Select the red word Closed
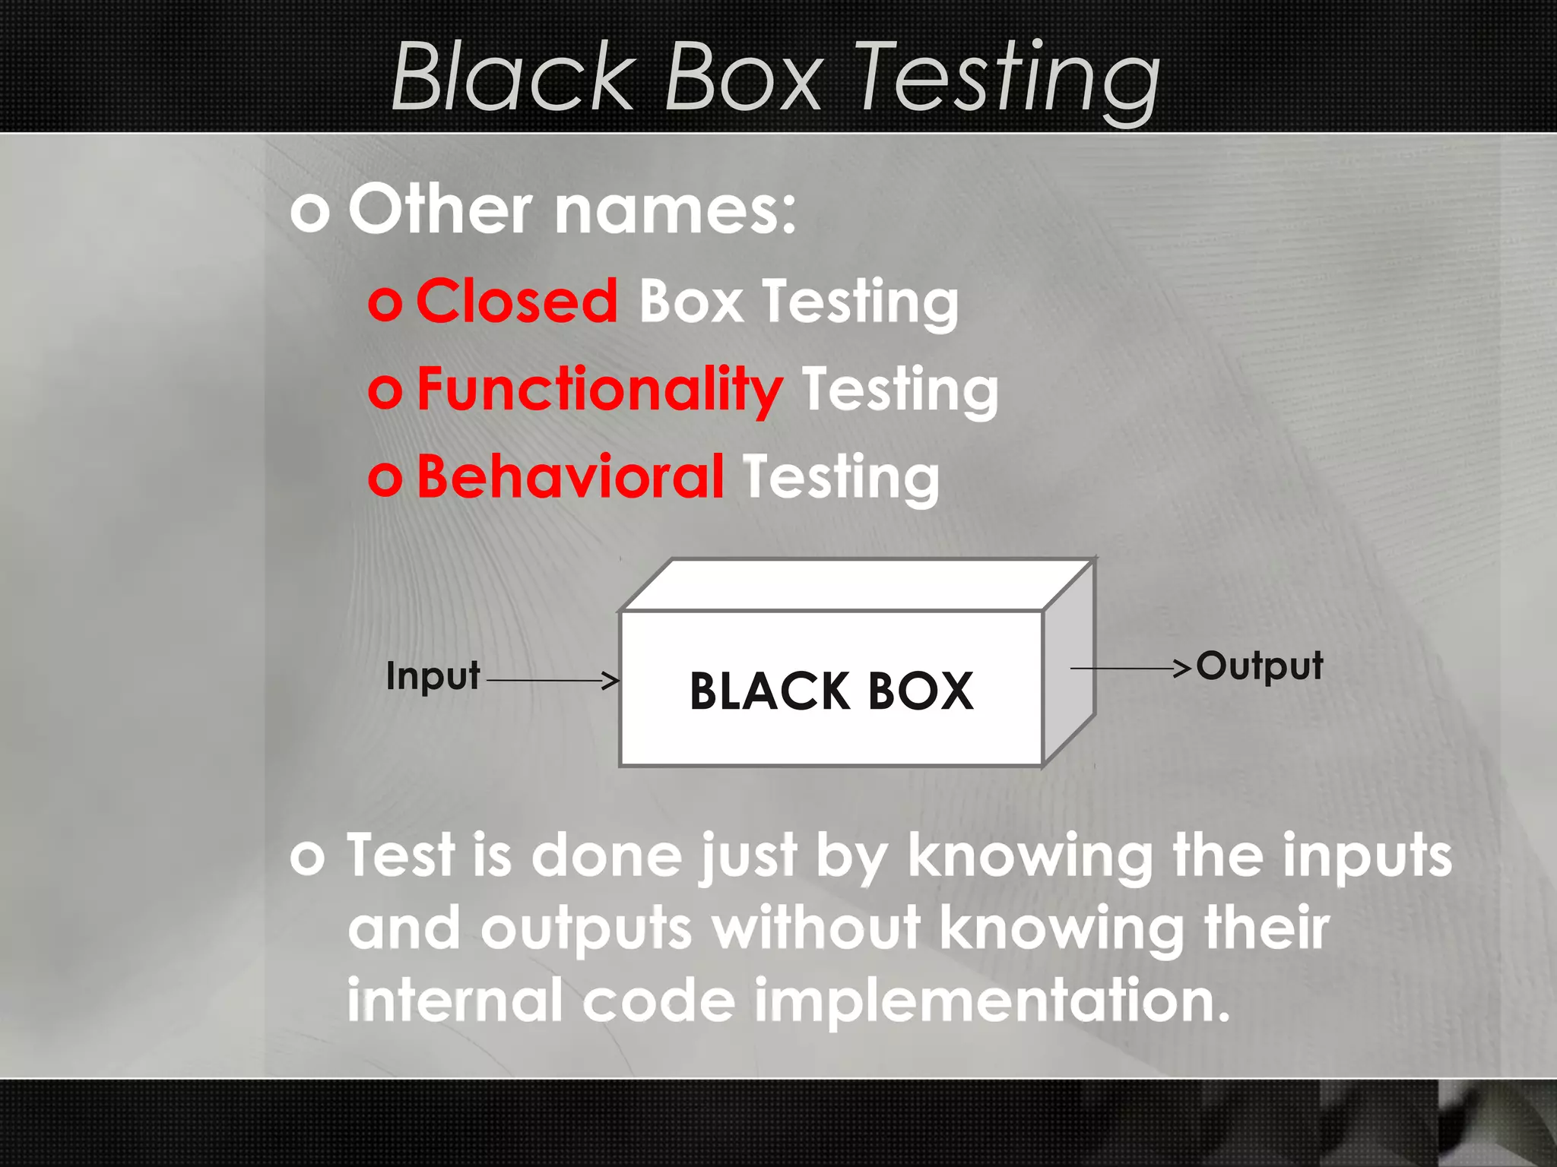pyautogui.click(x=517, y=301)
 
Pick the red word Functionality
pyautogui.click(x=599, y=389)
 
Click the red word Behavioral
pyautogui.click(x=570, y=477)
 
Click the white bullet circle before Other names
pyautogui.click(x=309, y=212)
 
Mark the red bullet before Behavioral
pyautogui.click(x=385, y=479)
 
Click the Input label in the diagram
pyautogui.click(x=433, y=675)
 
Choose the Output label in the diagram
pyautogui.click(x=1259, y=666)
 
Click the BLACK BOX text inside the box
pyautogui.click(x=831, y=691)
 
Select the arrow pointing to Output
pyautogui.click(x=1130, y=668)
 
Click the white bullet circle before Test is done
pyautogui.click(x=308, y=858)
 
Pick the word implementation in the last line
pyautogui.click(x=991, y=1001)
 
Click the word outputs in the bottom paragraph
pyautogui.click(x=586, y=928)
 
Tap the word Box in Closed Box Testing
pyautogui.click(x=690, y=301)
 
